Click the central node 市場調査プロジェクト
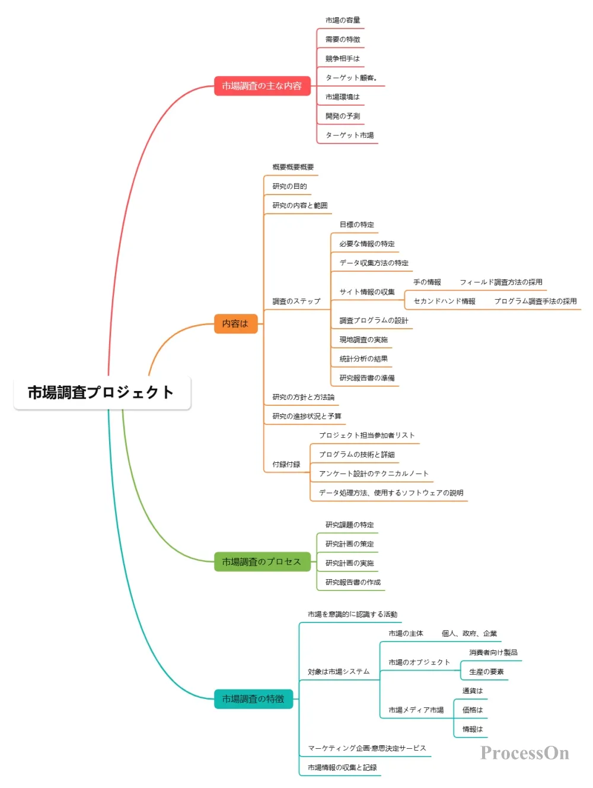(101, 392)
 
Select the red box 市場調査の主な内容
(262, 86)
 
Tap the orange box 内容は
(235, 323)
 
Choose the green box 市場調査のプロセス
(262, 561)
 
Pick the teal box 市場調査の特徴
(253, 699)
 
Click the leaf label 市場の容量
(342, 20)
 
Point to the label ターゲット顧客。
(351, 78)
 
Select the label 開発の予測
(342, 116)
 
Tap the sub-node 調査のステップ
(296, 301)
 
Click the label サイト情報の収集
(366, 292)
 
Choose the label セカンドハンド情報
(444, 301)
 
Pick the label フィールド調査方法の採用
(500, 282)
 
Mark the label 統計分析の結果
(364, 359)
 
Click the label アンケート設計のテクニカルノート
(373, 474)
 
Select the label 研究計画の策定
(349, 544)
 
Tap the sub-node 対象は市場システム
(338, 672)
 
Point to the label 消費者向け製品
(493, 653)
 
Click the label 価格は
(473, 710)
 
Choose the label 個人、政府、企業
(469, 634)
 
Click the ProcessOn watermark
(524, 753)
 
